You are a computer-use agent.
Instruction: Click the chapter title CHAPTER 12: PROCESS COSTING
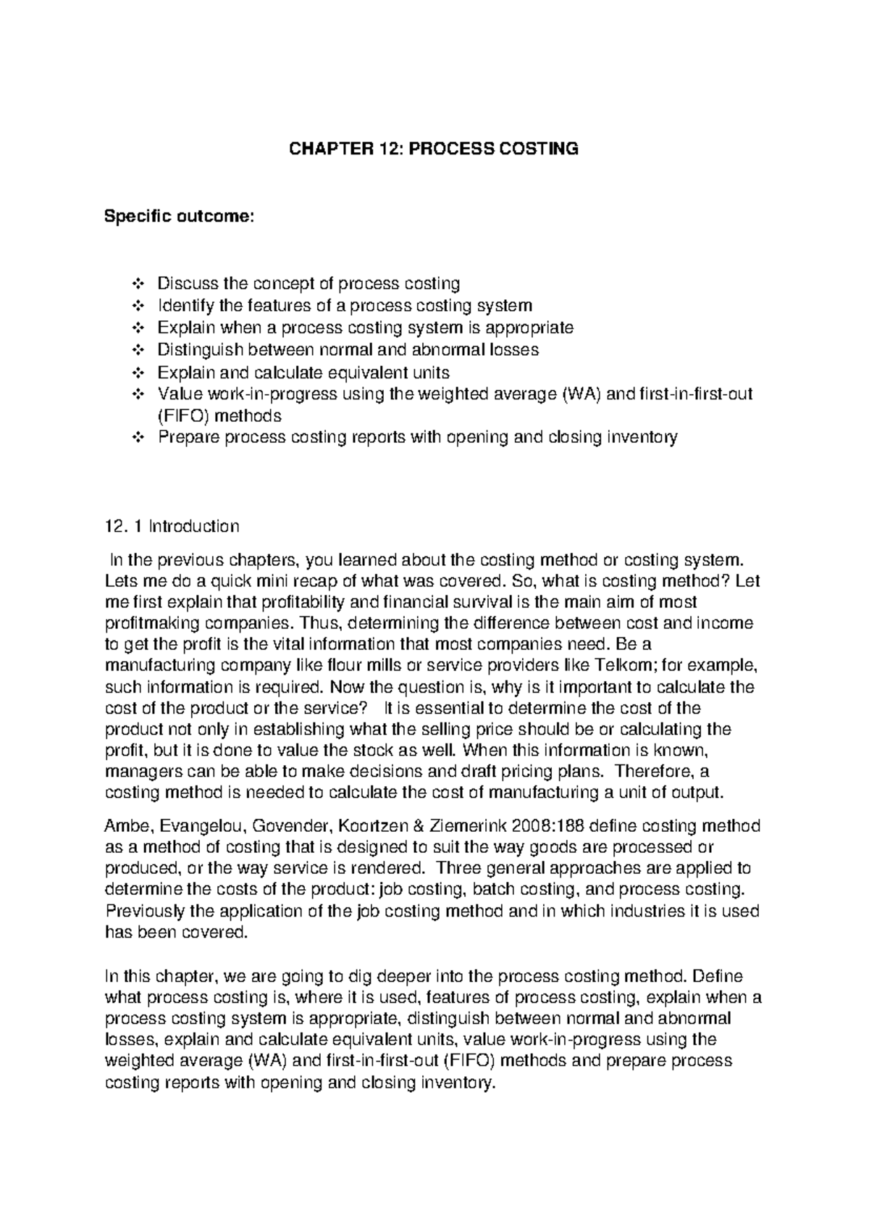click(434, 149)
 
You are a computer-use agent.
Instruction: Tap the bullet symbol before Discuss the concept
click(139, 283)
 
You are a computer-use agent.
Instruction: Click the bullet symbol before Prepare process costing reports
click(139, 438)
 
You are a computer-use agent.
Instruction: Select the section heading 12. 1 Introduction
click(172, 526)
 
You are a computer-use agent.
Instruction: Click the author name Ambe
click(127, 826)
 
